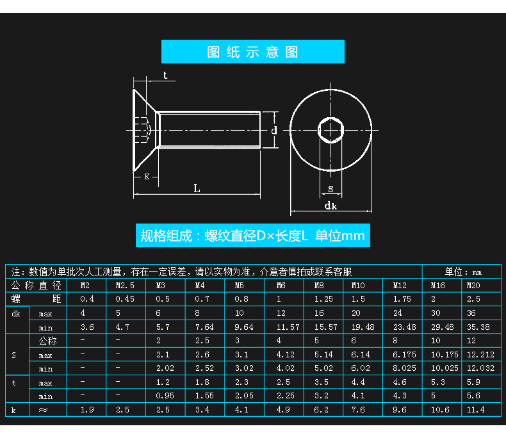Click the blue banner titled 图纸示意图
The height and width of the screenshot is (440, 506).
(x=252, y=52)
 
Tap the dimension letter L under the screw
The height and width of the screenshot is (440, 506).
(x=197, y=188)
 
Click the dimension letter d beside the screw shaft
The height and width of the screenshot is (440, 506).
(x=273, y=130)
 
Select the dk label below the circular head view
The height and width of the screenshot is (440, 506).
(x=331, y=206)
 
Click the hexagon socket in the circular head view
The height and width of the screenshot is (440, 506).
(x=331, y=130)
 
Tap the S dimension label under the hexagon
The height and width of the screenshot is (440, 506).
(x=331, y=188)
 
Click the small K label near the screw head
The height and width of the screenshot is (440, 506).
(x=147, y=176)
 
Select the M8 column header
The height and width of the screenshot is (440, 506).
(x=319, y=286)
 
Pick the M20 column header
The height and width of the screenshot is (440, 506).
(x=473, y=286)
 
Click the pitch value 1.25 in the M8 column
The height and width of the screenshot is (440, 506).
(x=323, y=299)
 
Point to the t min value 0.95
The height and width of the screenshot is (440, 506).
(x=165, y=396)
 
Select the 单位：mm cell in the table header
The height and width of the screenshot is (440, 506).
(x=463, y=272)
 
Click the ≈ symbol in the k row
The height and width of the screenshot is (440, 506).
(x=44, y=410)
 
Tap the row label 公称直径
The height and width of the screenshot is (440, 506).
(x=36, y=286)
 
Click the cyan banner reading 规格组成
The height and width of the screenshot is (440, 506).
(x=252, y=236)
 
